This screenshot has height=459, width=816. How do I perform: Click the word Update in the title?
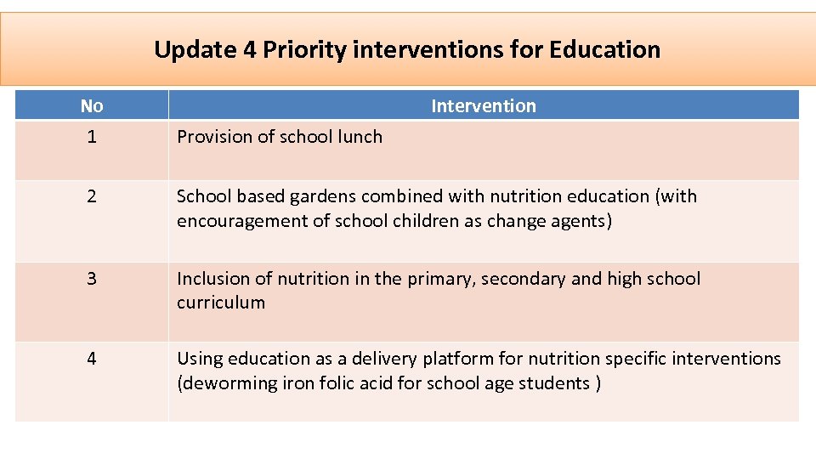(x=195, y=50)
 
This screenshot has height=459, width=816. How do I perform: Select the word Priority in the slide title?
(x=303, y=50)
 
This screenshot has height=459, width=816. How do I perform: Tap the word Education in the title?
(x=604, y=50)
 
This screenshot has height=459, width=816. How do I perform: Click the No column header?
(x=92, y=106)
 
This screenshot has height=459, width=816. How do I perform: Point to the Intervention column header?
(x=484, y=106)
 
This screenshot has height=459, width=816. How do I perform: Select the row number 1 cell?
(x=92, y=136)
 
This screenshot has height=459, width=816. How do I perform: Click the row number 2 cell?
(x=92, y=196)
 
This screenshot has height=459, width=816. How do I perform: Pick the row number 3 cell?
(x=92, y=279)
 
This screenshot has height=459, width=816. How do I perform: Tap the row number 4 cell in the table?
(x=92, y=359)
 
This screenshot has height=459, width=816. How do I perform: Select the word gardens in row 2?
(x=324, y=196)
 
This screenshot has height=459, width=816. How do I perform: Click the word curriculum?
(x=221, y=303)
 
